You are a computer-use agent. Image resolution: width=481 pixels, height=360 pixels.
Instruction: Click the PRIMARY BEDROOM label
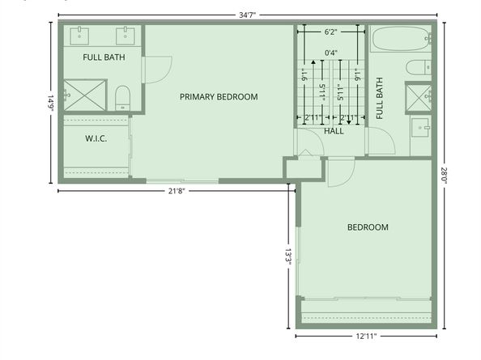coord(219,97)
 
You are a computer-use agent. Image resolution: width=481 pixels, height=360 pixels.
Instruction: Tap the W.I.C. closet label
coord(96,138)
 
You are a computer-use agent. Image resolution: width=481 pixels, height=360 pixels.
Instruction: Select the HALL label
coord(334,131)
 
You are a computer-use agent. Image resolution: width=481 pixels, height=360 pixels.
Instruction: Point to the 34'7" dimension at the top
coord(247,15)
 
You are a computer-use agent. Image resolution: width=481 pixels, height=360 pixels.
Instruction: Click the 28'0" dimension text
coord(445,175)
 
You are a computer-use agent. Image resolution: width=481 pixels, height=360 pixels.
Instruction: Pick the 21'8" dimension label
coord(177,191)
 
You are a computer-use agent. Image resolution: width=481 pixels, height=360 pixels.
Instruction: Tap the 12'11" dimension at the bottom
coord(366,337)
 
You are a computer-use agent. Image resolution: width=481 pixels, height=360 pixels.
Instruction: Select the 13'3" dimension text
coord(288,256)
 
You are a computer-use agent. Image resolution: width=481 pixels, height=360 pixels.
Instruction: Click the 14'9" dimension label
coord(51,103)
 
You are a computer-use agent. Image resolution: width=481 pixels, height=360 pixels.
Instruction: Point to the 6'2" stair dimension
coord(330,32)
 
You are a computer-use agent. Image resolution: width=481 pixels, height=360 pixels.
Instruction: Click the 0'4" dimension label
coord(331,53)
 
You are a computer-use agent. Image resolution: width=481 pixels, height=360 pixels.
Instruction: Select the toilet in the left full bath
coord(123,98)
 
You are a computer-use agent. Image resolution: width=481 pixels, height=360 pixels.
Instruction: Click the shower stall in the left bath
coord(85,95)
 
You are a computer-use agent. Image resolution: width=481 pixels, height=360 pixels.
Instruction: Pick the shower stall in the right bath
coord(419,97)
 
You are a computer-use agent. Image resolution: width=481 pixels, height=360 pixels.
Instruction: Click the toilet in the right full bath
coord(419,67)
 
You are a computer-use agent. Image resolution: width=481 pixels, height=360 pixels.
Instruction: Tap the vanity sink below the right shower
coord(420,128)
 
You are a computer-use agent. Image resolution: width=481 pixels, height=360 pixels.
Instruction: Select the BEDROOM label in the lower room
coord(368,227)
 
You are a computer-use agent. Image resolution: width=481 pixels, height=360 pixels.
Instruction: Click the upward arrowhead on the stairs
coord(313,62)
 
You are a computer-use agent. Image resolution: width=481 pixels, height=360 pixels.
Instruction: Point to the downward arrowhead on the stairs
coord(349,122)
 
